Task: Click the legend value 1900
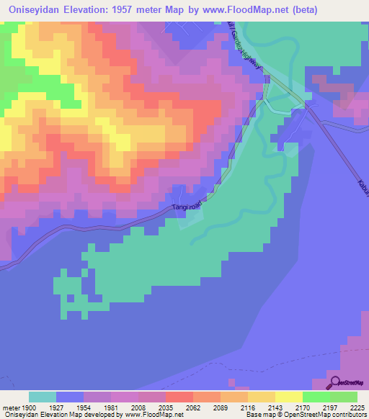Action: [x=27, y=407]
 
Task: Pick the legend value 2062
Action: [x=192, y=407]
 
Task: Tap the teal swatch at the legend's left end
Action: [x=42, y=397]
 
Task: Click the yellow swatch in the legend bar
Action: [x=288, y=397]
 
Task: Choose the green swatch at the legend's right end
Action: [x=343, y=397]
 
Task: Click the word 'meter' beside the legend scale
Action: [x=9, y=407]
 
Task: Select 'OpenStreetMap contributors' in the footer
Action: [x=326, y=415]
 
